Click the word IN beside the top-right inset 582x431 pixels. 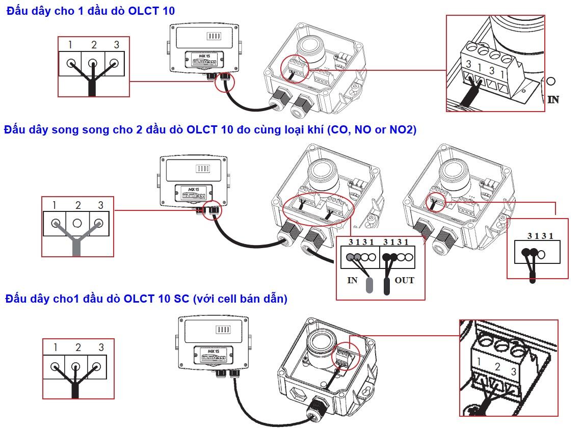pyautogui.click(x=553, y=100)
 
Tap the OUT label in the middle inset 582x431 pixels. pyautogui.click(x=404, y=280)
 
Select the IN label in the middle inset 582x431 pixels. pyautogui.click(x=352, y=280)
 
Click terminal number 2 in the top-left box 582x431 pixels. pyautogui.click(x=94, y=45)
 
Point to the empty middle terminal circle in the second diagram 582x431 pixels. pyautogui.click(x=77, y=223)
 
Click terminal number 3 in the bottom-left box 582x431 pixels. pyautogui.click(x=101, y=347)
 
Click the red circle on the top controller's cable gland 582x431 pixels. pyautogui.click(x=225, y=82)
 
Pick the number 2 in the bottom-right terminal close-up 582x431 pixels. pyautogui.click(x=497, y=367)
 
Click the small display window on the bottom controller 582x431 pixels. pyautogui.click(x=223, y=330)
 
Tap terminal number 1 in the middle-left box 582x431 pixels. pyautogui.click(x=54, y=205)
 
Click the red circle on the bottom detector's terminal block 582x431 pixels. pyautogui.click(x=345, y=356)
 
